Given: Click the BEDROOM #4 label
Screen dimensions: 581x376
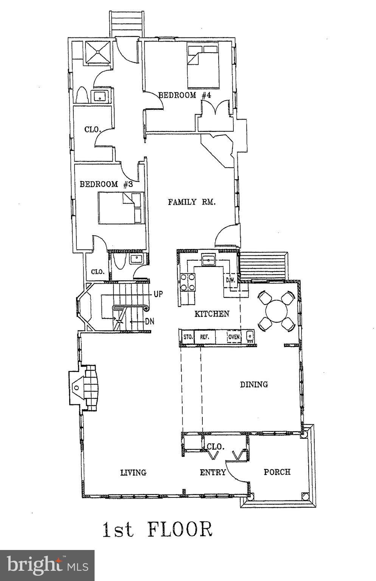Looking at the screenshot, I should coord(184,95).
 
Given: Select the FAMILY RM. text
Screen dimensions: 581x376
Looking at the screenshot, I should coord(192,202).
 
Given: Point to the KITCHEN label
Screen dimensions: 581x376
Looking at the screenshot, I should coord(212,314).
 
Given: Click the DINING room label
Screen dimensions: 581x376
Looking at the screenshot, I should coord(254,385).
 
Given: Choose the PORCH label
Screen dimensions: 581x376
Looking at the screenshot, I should coord(277,472).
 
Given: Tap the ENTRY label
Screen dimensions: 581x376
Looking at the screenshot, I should coord(213,472).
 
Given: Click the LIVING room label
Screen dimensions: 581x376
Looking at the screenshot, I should coord(133,472).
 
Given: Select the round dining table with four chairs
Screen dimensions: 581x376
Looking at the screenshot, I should coord(277,311).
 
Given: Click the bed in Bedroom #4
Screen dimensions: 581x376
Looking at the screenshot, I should coord(203,65).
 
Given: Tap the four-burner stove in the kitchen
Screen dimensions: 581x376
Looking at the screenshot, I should coord(188,282).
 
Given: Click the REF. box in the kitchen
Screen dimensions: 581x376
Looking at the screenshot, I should coord(205,337).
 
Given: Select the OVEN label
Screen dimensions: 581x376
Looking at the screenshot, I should coord(234,337).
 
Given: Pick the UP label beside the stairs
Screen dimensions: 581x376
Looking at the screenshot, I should coord(158,294).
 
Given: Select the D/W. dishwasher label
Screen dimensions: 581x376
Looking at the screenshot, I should coord(230,280).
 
